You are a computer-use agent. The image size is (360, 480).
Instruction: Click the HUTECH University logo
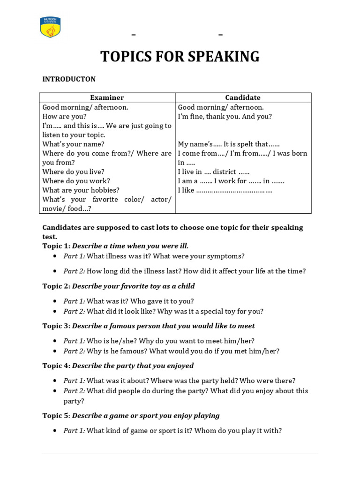coord(50,27)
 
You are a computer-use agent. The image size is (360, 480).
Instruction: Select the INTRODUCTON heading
coord(69,79)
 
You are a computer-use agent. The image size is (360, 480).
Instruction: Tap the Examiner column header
coord(107,97)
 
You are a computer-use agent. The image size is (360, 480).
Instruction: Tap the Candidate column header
coord(243,97)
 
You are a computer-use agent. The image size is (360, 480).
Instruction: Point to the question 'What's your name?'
coord(74,144)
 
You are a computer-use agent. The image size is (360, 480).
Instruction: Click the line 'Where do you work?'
coord(76,181)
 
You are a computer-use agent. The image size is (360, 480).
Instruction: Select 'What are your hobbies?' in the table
coord(81,190)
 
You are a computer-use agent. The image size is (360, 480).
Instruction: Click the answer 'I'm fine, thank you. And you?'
coord(225,116)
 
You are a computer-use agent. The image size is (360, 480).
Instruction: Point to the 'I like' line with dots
coord(225,190)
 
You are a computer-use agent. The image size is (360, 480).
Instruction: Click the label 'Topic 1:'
coord(56,246)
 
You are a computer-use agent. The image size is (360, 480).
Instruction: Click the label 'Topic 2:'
coord(56,286)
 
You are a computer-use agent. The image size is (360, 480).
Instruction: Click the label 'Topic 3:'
coord(56,326)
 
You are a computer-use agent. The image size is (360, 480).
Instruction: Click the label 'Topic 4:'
coord(56,366)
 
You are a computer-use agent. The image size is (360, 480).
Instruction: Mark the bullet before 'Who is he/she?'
coord(55,341)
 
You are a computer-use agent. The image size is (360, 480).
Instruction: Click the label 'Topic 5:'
coord(56,416)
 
